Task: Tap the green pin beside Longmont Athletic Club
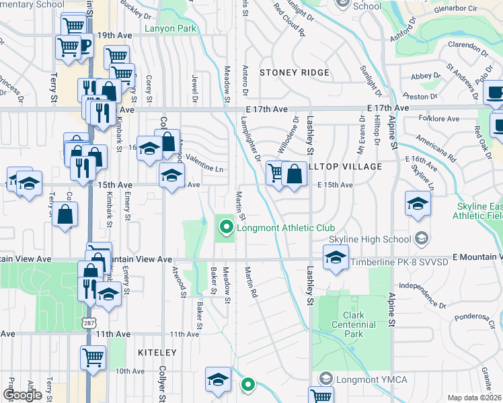(226, 228)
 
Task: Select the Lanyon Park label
(170, 30)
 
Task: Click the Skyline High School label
(371, 240)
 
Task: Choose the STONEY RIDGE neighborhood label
(295, 73)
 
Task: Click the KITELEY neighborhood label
(158, 352)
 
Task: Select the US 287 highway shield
(89, 304)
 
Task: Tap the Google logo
(22, 394)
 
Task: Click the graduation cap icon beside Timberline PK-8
(334, 256)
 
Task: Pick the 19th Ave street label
(112, 34)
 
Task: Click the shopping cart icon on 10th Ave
(92, 356)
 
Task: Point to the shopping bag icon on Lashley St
(294, 173)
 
